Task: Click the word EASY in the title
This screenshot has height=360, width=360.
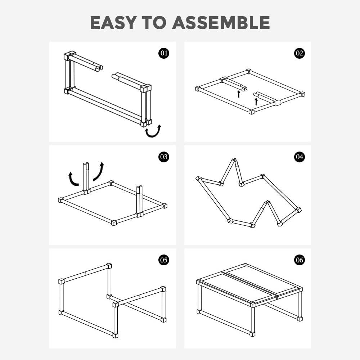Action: pyautogui.click(x=113, y=23)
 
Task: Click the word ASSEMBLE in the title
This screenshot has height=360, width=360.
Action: pyautogui.click(x=221, y=23)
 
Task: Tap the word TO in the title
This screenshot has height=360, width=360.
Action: pyautogui.click(x=154, y=23)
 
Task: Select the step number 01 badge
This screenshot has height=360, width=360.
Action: pyautogui.click(x=164, y=53)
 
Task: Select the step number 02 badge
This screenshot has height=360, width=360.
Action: pyautogui.click(x=300, y=53)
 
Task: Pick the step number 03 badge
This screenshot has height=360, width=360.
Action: pyautogui.click(x=164, y=157)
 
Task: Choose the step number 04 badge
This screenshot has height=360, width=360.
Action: pyautogui.click(x=300, y=157)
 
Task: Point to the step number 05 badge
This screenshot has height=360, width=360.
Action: pyautogui.click(x=164, y=260)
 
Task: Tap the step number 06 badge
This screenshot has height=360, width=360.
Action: pyautogui.click(x=300, y=260)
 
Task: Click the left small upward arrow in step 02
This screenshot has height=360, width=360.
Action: pyautogui.click(x=239, y=94)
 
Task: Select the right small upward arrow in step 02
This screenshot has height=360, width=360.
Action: pyautogui.click(x=256, y=102)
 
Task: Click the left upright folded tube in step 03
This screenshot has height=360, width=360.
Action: pyautogui.click(x=86, y=178)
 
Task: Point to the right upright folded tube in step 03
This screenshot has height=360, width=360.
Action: pyautogui.click(x=139, y=201)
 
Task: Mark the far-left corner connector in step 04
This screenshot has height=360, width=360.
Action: pyautogui.click(x=198, y=179)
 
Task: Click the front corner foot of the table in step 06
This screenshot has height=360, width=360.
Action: pyautogui.click(x=252, y=334)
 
